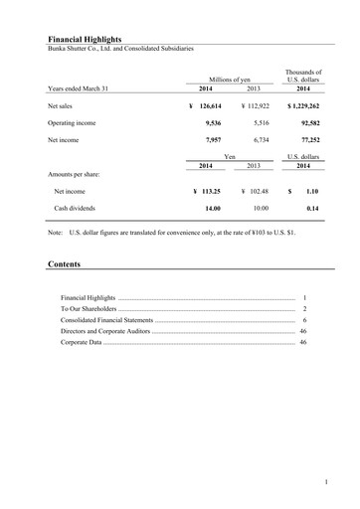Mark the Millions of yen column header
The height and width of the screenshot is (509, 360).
pyautogui.click(x=229, y=79)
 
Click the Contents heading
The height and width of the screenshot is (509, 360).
pyautogui.click(x=65, y=265)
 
